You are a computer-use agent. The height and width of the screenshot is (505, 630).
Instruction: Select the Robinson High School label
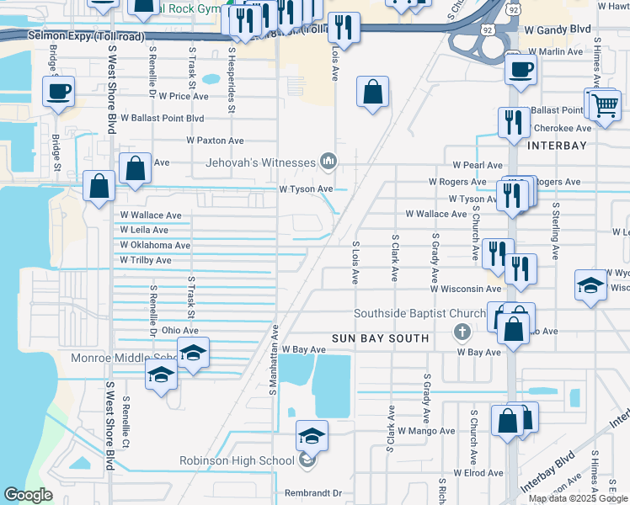[x=236, y=460]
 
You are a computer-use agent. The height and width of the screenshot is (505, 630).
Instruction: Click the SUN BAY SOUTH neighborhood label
[x=380, y=338]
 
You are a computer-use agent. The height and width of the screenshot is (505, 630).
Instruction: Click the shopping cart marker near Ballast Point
[x=603, y=106]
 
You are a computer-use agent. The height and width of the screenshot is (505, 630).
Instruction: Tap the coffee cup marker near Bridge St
[x=58, y=92]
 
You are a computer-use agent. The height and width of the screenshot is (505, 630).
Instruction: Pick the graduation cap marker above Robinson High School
[x=312, y=435]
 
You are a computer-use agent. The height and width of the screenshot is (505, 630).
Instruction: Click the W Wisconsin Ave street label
[x=466, y=289]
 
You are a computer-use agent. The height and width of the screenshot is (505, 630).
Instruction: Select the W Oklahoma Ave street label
[x=155, y=246]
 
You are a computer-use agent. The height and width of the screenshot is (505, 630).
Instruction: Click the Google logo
[x=28, y=495]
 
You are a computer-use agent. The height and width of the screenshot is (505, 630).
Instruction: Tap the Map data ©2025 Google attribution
[x=578, y=498]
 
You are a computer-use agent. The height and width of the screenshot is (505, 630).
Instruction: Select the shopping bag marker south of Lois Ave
[x=372, y=92]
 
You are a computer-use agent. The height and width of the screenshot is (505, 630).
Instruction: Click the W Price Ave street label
[x=183, y=97]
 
